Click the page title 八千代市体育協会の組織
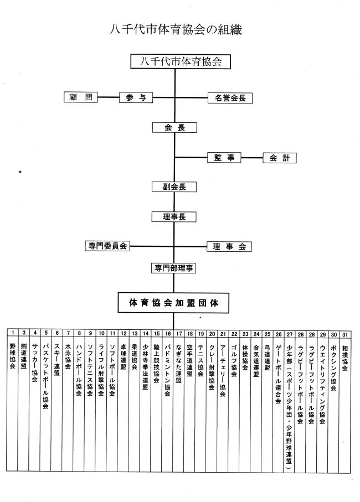176,29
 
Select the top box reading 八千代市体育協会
181,61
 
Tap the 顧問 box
81,97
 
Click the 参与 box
136,97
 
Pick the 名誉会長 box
230,98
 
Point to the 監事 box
224,158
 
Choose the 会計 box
280,158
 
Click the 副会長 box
174,187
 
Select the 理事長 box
174,217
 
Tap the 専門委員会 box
107,246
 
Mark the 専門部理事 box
173,268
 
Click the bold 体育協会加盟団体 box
173,303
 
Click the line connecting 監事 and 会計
252,158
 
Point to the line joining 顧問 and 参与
108,97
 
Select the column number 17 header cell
179,333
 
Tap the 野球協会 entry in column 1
13,356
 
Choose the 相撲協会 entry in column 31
344,358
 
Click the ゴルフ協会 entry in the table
234,360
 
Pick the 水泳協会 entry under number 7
68,356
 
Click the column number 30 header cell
334,334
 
